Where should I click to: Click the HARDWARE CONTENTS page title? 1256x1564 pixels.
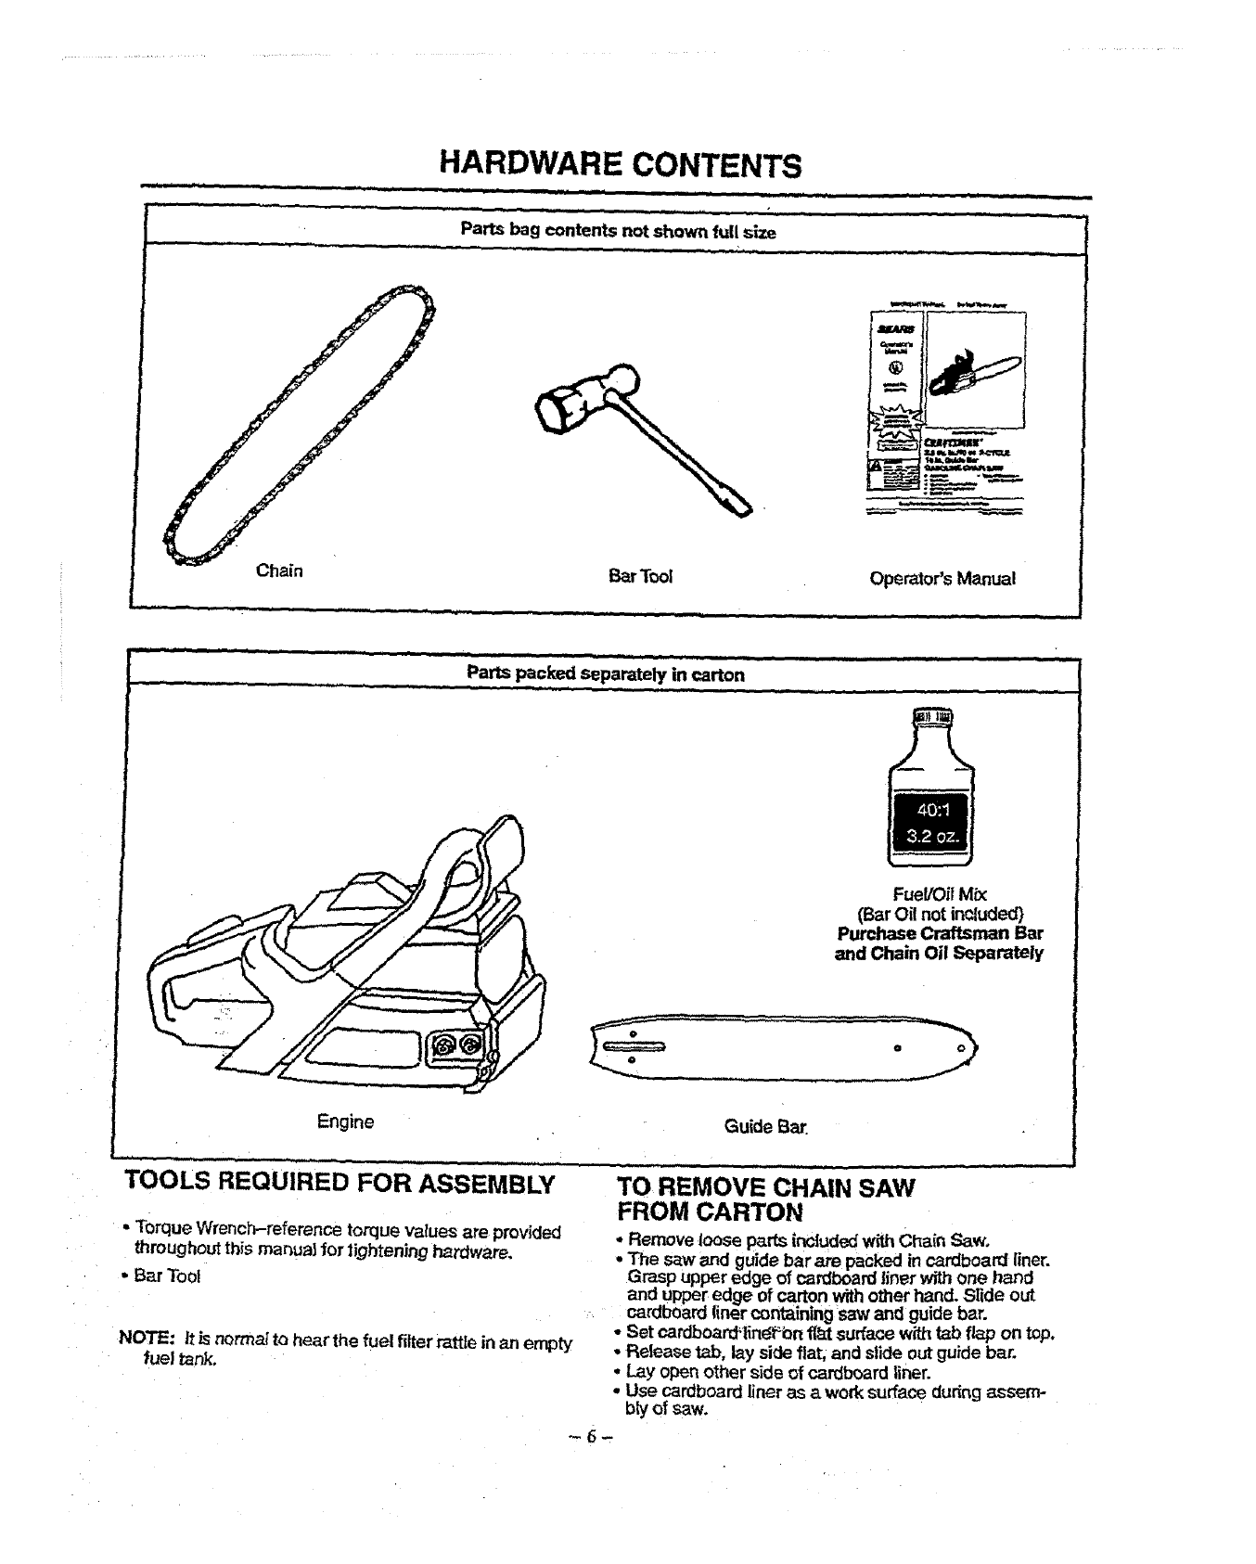tap(620, 165)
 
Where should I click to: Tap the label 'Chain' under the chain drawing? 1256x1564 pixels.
tap(279, 570)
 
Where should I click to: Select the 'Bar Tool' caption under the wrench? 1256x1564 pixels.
tap(640, 577)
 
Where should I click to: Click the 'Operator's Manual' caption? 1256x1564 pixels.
tap(942, 578)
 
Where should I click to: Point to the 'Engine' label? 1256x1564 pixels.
tap(345, 1122)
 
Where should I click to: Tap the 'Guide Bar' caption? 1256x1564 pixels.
tap(765, 1126)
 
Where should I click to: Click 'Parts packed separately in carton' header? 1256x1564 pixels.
tap(605, 674)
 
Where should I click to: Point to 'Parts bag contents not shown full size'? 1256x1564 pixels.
tap(618, 231)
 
